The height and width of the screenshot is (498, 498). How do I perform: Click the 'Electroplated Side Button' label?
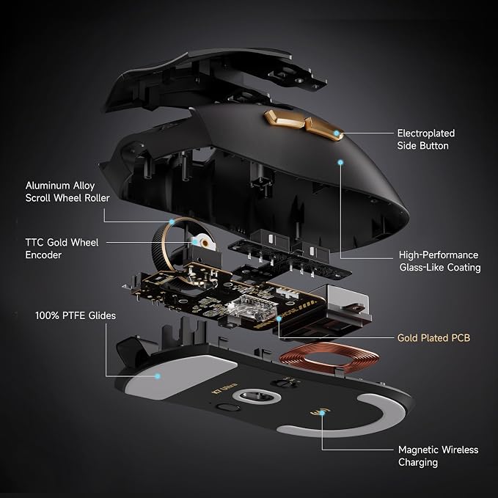coord(425,139)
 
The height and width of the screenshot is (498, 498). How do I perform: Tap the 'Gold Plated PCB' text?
coord(433,337)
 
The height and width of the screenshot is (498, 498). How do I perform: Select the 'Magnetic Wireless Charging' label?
coord(438,455)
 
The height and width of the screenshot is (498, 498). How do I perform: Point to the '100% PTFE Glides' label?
coord(76,315)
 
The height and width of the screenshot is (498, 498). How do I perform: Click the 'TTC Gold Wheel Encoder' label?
coord(62,249)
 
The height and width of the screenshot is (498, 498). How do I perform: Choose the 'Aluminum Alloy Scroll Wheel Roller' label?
coord(67,191)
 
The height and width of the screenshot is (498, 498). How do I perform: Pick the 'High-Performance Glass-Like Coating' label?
coord(439,261)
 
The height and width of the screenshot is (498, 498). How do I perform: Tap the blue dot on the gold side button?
coord(337,133)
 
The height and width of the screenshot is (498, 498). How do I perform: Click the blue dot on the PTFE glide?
coord(157,376)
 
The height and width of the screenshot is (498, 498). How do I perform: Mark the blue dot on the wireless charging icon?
coord(322,413)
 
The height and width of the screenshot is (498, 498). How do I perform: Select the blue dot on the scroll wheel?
coord(172,221)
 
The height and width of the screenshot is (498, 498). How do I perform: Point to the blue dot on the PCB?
coord(279,318)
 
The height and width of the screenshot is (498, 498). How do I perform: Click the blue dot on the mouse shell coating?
coord(340,162)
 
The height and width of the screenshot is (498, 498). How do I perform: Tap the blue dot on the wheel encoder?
coord(194,242)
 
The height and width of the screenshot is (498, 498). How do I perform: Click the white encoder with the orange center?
coord(204,242)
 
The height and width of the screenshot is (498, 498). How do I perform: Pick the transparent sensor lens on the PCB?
coord(253,308)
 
